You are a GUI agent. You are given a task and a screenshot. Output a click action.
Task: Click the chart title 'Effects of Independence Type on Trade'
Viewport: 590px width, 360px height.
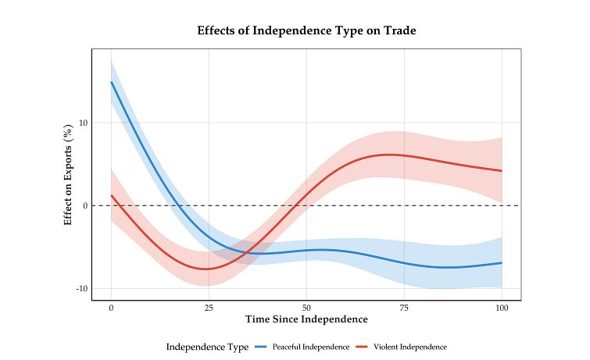(x=306, y=31)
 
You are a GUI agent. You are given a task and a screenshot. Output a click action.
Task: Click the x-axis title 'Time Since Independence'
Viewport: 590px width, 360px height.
(x=306, y=319)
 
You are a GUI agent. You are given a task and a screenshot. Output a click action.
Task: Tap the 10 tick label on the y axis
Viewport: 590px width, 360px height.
(x=83, y=123)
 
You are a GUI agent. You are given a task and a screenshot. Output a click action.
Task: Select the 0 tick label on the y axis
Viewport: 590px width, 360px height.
(x=85, y=205)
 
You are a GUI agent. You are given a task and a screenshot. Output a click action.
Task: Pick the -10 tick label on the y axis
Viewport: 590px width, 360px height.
(x=81, y=289)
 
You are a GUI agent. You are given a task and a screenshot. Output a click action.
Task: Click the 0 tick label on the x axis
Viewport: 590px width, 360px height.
(x=111, y=308)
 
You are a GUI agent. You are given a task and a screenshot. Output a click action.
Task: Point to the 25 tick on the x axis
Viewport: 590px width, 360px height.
(x=209, y=308)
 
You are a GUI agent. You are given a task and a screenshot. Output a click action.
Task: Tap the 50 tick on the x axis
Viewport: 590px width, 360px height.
(x=306, y=308)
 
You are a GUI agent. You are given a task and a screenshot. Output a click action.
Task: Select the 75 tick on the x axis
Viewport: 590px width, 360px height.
(x=404, y=308)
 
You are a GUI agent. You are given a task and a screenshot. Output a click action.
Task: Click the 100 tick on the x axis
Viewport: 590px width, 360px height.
(x=502, y=308)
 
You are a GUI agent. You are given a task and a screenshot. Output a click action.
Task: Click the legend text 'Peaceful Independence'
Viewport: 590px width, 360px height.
(x=311, y=347)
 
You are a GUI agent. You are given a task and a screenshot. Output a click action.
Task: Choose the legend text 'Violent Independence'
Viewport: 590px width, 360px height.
(x=410, y=347)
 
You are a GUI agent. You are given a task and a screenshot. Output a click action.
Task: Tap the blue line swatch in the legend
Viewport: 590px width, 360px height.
(x=261, y=347)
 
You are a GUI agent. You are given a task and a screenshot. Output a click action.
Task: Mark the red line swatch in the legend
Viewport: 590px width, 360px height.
(x=363, y=347)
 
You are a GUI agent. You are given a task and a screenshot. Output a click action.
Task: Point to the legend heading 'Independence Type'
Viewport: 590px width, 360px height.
(x=207, y=347)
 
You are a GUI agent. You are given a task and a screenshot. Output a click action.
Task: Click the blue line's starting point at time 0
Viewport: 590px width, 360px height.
(x=111, y=82)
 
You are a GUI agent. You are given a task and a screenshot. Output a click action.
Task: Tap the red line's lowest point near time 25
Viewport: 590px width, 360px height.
(x=206, y=269)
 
